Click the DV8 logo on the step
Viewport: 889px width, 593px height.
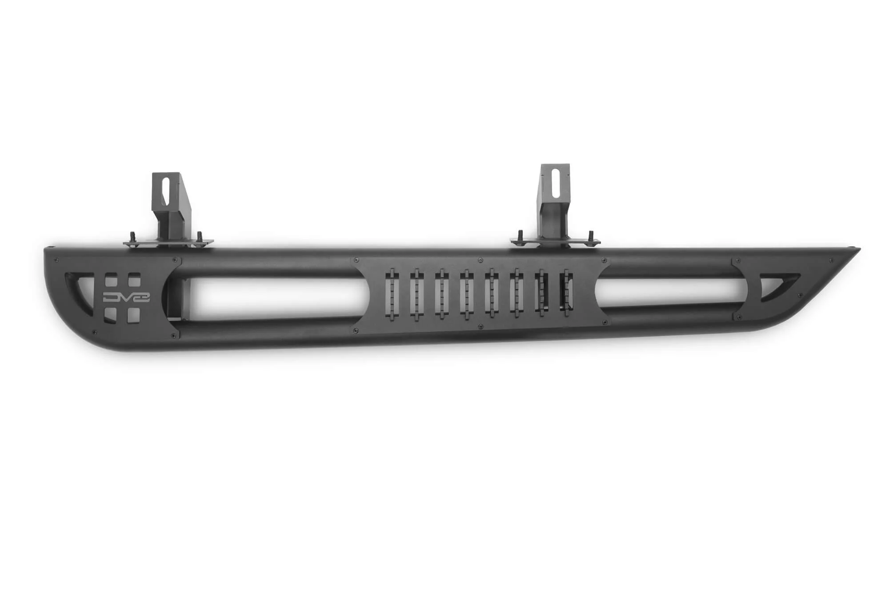point(126,297)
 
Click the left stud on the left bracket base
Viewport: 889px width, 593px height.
point(132,236)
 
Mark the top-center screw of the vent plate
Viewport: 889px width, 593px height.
point(480,259)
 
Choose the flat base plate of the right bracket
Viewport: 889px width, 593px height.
point(555,241)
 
